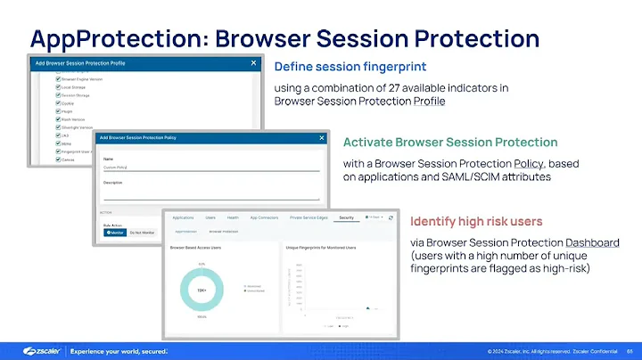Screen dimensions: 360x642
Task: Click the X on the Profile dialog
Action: click(x=253, y=63)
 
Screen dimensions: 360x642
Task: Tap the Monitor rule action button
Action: click(x=116, y=232)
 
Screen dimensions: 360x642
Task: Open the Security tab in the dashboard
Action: click(x=347, y=217)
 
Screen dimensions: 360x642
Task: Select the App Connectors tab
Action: click(x=263, y=217)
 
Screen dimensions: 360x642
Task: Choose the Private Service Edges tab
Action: click(x=309, y=217)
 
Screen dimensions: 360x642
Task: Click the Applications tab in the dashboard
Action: click(x=183, y=217)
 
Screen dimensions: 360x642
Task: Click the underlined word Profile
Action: click(x=429, y=101)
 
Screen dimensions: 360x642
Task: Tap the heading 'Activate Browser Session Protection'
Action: click(x=450, y=143)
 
